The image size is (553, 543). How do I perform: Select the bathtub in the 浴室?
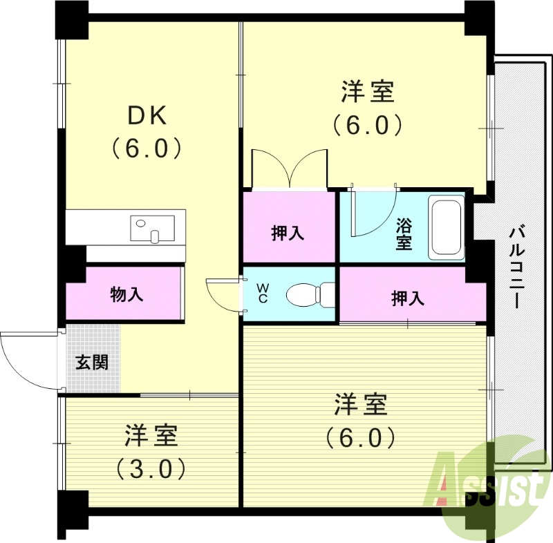[x=446, y=228]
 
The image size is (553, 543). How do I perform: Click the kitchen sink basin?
[x=152, y=227]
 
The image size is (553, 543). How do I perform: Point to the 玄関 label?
[x=92, y=362]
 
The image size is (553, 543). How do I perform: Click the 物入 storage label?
[x=126, y=294]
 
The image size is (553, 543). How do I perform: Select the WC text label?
[x=263, y=293]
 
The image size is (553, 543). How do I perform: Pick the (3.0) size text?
[x=151, y=469]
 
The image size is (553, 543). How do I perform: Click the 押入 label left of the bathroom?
[x=288, y=233]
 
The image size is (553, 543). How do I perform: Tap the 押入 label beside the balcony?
[x=408, y=298]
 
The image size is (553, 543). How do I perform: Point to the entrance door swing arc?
[x=28, y=359]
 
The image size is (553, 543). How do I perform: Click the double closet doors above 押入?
[x=289, y=168]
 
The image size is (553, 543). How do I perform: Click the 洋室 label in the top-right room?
[x=368, y=91]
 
